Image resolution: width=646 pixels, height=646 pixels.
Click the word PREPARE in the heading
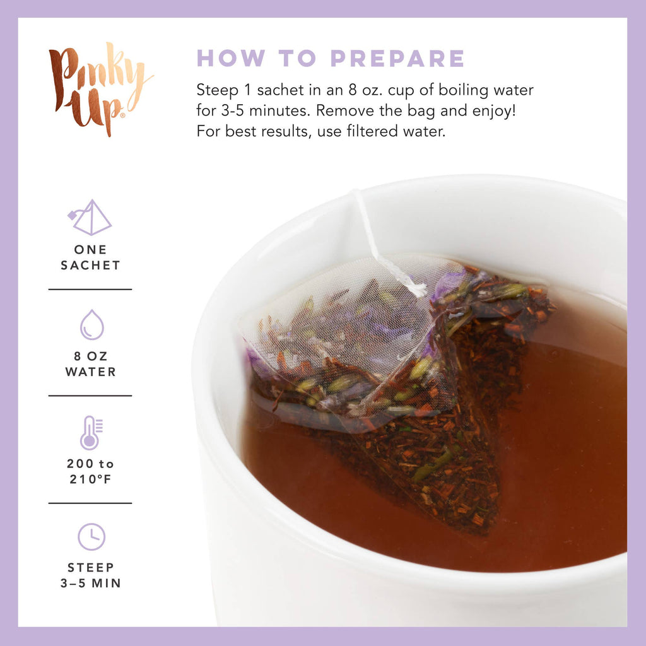tap(398, 58)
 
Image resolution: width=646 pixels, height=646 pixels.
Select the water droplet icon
tap(91, 325)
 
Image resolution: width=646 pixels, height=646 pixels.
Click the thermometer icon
tap(90, 432)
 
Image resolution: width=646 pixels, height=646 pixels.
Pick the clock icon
tap(91, 537)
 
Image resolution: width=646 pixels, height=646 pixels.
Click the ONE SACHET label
tap(90, 257)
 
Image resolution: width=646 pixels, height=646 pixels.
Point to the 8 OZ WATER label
tap(90, 364)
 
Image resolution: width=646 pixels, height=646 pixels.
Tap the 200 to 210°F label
tap(90, 471)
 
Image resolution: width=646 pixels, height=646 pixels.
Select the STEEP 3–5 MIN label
tap(90, 575)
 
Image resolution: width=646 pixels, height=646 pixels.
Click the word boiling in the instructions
tap(415, 90)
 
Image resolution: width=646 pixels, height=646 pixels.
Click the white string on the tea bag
tap(372, 233)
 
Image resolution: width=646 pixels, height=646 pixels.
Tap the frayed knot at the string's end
tap(413, 289)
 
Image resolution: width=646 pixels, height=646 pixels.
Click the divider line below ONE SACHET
tap(90, 290)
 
